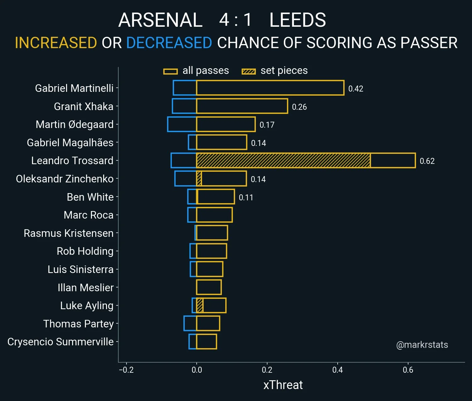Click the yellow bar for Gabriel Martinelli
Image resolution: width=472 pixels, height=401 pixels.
(x=270, y=88)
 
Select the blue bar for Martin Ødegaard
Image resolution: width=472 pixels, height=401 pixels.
(x=182, y=124)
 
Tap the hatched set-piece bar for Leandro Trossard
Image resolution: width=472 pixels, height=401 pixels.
(x=283, y=160)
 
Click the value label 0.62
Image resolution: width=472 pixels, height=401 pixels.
(x=427, y=161)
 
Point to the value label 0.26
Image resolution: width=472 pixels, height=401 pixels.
(x=299, y=107)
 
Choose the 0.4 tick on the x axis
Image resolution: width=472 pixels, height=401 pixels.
(x=337, y=370)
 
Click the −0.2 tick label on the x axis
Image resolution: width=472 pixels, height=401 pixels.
(x=126, y=370)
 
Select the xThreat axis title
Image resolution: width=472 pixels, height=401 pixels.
(x=283, y=385)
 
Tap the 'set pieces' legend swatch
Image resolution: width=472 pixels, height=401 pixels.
(x=249, y=71)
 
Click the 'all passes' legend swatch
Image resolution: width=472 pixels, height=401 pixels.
(x=171, y=71)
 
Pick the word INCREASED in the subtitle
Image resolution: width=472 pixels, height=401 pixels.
(x=56, y=43)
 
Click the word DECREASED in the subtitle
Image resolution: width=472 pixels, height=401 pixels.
(x=169, y=43)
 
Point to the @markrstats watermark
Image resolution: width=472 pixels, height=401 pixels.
(x=422, y=345)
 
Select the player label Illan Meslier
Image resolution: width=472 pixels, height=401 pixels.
(x=85, y=287)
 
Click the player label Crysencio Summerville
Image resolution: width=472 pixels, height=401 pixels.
(x=60, y=342)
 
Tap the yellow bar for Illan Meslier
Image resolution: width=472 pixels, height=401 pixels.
(x=209, y=287)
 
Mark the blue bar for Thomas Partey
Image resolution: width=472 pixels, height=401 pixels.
(x=190, y=323)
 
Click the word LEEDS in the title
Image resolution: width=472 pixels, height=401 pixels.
(x=297, y=20)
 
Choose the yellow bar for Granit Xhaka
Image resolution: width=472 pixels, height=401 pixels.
(x=242, y=106)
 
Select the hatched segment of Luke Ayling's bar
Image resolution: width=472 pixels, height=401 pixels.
(x=199, y=305)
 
